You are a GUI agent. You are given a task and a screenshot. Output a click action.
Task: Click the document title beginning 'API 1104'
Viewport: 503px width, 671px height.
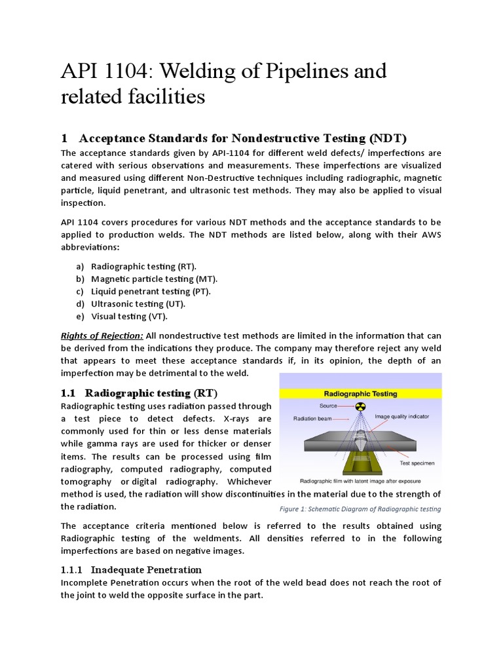click(223, 84)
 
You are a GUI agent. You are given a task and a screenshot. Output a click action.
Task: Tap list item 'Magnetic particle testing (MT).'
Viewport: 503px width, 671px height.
click(154, 279)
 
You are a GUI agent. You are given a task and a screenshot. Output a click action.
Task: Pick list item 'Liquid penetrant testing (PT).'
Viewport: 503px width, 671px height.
click(151, 292)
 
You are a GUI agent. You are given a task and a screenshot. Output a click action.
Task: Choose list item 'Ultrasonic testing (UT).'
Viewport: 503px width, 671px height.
click(138, 304)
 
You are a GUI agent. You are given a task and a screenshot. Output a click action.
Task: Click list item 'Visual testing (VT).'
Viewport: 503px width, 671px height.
click(129, 316)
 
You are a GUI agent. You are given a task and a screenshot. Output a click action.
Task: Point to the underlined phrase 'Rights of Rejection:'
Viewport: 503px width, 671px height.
click(102, 335)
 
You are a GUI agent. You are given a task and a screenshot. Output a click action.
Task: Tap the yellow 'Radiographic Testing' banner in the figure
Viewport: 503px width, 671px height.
click(361, 394)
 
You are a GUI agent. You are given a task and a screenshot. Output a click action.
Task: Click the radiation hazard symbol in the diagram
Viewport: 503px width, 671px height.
click(359, 406)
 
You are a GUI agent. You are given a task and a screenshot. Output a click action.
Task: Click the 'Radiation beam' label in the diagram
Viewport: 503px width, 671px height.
click(312, 417)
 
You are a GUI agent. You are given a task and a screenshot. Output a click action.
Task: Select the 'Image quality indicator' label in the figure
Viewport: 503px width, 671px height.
click(407, 416)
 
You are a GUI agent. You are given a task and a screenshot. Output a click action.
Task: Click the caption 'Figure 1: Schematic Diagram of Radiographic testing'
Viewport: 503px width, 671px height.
click(356, 509)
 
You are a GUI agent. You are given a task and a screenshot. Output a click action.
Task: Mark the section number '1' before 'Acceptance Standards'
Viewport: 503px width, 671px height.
click(64, 138)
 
